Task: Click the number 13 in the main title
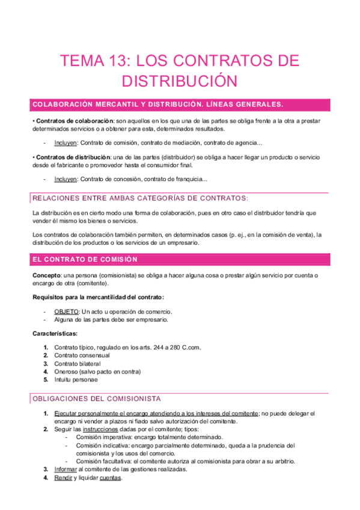pos(118,61)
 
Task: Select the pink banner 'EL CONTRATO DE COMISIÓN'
pos(85,259)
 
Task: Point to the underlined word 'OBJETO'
pos(66,312)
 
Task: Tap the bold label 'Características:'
pos(55,333)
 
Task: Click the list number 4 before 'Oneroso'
pos(46,372)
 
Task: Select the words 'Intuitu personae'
pos(76,379)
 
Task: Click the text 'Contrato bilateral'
pos(78,363)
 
